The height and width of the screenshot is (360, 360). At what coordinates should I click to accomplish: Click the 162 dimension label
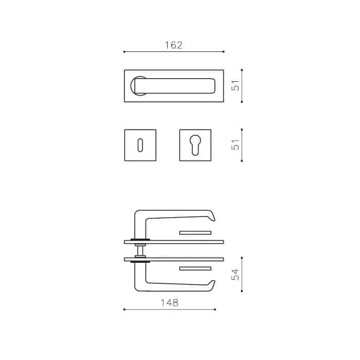click(174, 45)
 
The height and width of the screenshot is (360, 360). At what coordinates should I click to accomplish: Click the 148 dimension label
click(169, 303)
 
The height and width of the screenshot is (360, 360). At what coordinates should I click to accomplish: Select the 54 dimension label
click(236, 274)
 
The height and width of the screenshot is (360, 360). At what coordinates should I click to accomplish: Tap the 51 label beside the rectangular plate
click(236, 85)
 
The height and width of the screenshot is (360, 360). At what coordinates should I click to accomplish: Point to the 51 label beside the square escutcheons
click(236, 145)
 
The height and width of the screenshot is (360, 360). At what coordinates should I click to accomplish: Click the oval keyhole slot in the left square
click(140, 145)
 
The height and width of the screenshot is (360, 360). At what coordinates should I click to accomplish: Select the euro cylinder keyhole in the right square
click(195, 145)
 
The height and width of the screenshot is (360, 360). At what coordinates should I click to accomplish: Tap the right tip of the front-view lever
click(214, 86)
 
